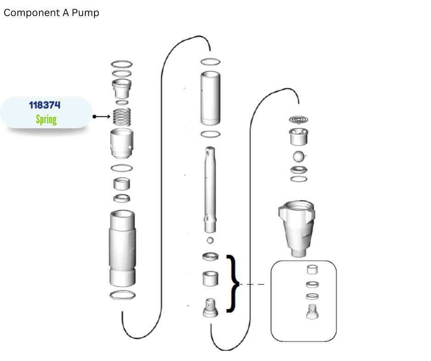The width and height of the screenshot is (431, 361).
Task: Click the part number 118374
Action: tap(44, 105)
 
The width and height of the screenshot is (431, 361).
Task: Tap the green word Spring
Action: tap(46, 120)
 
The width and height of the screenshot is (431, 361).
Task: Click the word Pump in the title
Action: tap(85, 13)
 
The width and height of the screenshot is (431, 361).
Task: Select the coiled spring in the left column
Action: tap(122, 117)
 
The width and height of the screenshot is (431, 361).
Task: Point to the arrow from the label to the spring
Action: tap(102, 116)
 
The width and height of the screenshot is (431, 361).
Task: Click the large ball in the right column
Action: tap(298, 157)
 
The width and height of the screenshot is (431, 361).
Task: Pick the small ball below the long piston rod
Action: tap(210, 241)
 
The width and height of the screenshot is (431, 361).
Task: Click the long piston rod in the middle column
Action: tap(210, 190)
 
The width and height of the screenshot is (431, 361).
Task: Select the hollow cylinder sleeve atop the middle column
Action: tap(210, 98)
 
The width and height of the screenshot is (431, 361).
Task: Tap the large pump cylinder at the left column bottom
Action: tap(122, 248)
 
